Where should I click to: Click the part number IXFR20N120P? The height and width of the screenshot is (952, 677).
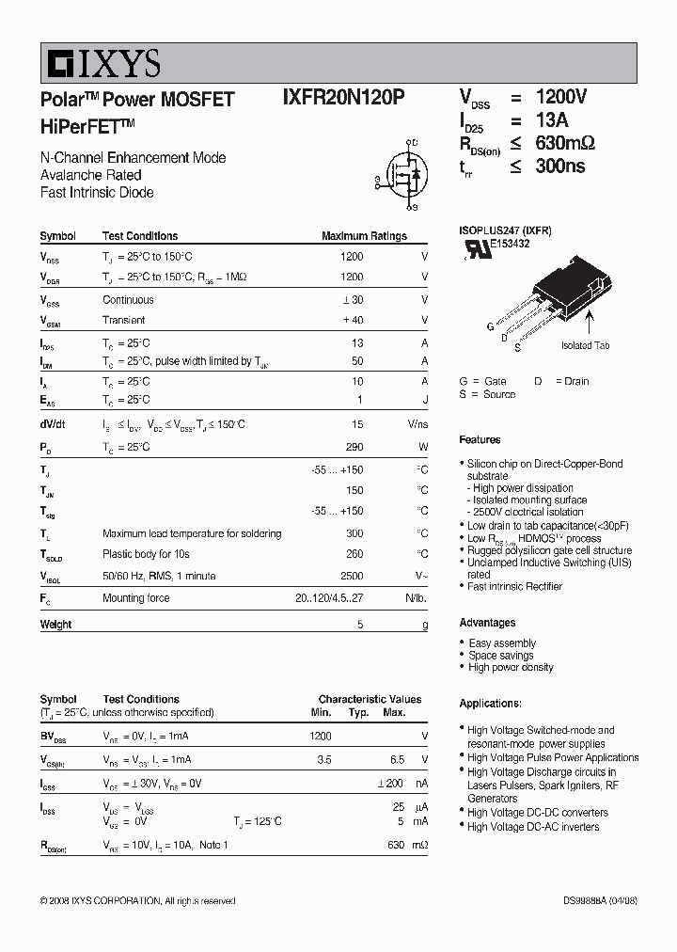tap(344, 98)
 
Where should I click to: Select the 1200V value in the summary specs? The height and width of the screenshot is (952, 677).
tap(561, 98)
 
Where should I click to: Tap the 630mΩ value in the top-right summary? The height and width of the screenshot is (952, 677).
tap(565, 143)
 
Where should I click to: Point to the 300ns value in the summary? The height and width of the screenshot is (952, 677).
tap(560, 166)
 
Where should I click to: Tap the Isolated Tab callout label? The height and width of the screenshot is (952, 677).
tap(585, 345)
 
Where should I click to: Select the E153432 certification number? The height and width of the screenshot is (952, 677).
tap(509, 244)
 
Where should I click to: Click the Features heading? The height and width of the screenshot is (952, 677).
tap(480, 439)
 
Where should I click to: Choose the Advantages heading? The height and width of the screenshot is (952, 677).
tap(487, 623)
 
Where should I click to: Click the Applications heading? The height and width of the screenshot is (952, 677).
tap(490, 704)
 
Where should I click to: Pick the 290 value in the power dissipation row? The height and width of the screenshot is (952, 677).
tap(354, 447)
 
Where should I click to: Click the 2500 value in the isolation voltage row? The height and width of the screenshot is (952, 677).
tap(351, 576)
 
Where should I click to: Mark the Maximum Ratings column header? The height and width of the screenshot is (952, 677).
tap(364, 236)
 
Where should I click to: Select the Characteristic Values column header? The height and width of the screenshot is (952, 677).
tap(370, 699)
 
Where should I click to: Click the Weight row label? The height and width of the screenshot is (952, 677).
tap(55, 625)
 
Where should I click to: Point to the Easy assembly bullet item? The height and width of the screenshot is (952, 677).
tap(502, 643)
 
